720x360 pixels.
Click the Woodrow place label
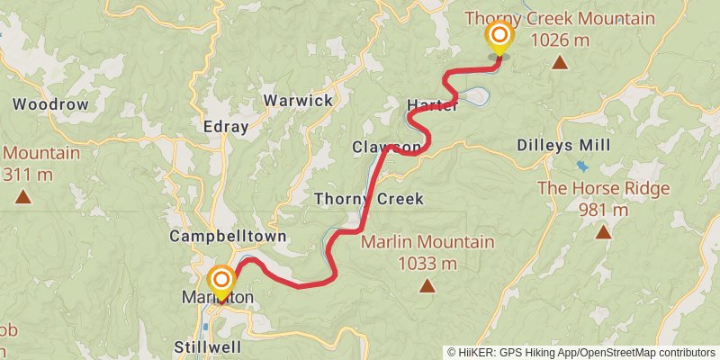pyautogui.click(x=50, y=104)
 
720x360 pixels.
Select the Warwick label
pyautogui.click(x=298, y=100)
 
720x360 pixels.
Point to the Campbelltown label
pyautogui.click(x=228, y=237)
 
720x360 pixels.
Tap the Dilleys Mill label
pyautogui.click(x=564, y=145)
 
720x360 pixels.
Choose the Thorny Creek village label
pyautogui.click(x=368, y=198)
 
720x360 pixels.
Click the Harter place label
pyautogui.click(x=433, y=104)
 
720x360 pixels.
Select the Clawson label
pyautogui.click(x=386, y=147)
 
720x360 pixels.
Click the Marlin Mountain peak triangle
pyautogui.click(x=427, y=287)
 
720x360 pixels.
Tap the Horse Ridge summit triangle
pyautogui.click(x=603, y=232)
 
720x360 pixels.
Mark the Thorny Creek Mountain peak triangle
pyautogui.click(x=560, y=62)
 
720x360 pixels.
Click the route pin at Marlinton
pyautogui.click(x=220, y=281)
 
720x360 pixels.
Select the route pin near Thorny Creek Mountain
pyautogui.click(x=499, y=38)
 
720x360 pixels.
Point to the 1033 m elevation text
pyautogui.click(x=427, y=264)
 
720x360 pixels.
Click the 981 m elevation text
pyautogui.click(x=603, y=210)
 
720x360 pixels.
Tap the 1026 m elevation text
pyautogui.click(x=560, y=40)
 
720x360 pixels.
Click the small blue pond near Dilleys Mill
pyautogui.click(x=582, y=166)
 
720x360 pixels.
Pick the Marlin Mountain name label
pyautogui.click(x=427, y=242)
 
